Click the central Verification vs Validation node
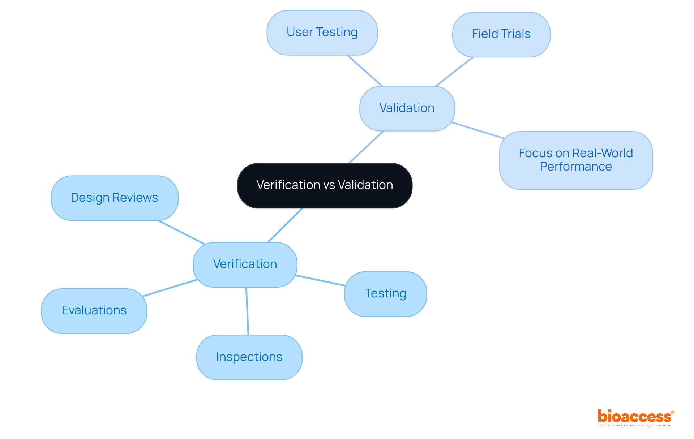point(325,185)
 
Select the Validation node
point(407,108)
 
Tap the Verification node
point(245,264)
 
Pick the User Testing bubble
point(322,33)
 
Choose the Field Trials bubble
point(501,34)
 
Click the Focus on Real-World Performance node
point(576,160)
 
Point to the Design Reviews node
point(114,198)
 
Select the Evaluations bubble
point(94,311)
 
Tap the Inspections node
point(249,357)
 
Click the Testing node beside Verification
point(385,294)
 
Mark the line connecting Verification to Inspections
point(247,311)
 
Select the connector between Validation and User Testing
point(364,70)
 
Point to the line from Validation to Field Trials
point(454,72)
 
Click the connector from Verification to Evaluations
point(170,288)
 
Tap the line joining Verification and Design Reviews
point(181,232)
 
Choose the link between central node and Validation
point(366,147)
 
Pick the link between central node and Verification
point(285,225)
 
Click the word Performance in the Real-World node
point(576,167)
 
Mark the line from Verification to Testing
point(320,281)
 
